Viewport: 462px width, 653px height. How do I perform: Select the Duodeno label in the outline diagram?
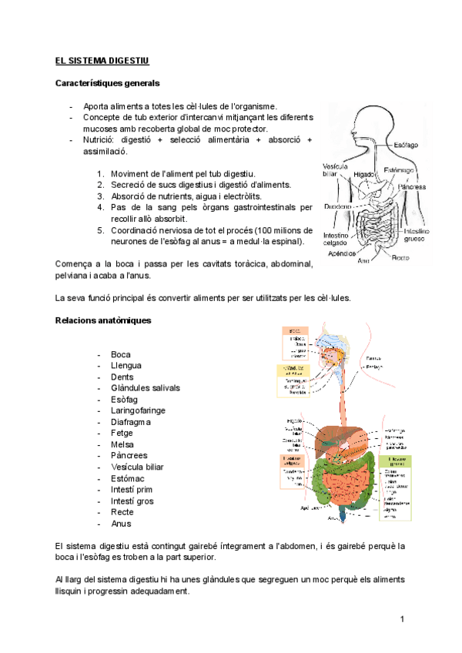click(338, 206)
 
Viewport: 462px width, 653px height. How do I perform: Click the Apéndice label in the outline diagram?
click(341, 252)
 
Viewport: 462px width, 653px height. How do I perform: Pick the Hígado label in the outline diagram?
click(363, 176)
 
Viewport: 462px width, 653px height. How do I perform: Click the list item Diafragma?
click(131, 422)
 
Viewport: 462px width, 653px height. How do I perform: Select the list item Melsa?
click(122, 444)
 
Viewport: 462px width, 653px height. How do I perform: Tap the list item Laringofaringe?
click(138, 410)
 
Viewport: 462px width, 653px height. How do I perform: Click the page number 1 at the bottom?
click(402, 620)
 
